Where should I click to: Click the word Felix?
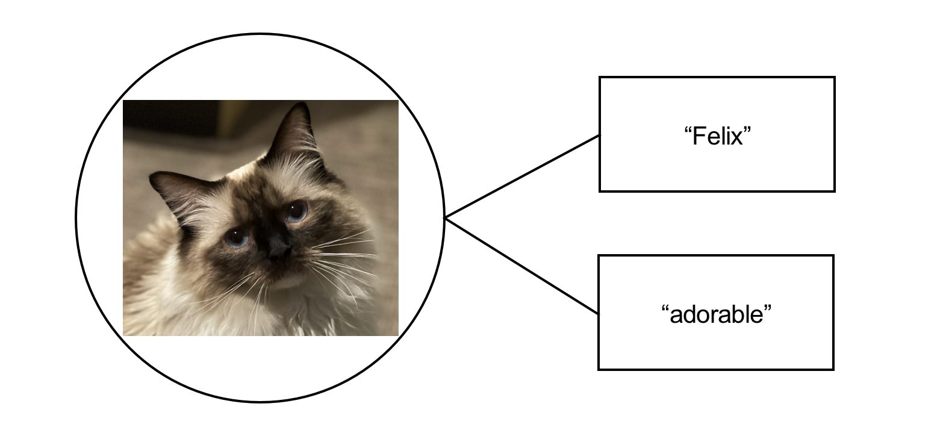pyautogui.click(x=718, y=137)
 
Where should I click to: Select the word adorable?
pyautogui.click(x=716, y=315)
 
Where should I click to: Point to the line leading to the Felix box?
pyautogui.click(x=522, y=176)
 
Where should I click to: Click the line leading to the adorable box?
pyautogui.click(x=522, y=266)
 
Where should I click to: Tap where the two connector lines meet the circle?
pyautogui.click(x=445, y=217)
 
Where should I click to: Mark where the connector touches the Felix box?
pyautogui.click(x=600, y=135)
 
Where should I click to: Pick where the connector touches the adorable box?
pyautogui.click(x=599, y=314)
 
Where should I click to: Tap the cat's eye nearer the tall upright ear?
pyautogui.click(x=296, y=211)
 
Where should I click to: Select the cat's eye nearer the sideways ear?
pyautogui.click(x=237, y=237)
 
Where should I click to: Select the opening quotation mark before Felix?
pyautogui.click(x=688, y=130)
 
